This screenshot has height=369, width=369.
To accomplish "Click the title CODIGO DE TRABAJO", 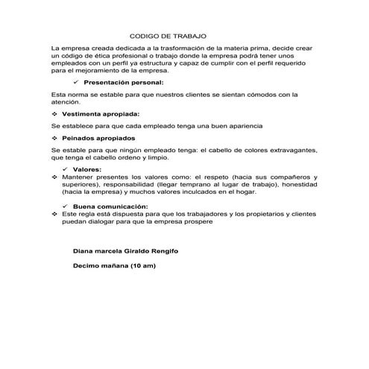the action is pos(168,35).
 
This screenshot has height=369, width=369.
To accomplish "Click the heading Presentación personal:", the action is pos(123,82).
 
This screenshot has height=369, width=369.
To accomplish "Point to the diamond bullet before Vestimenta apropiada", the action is pos(54,114).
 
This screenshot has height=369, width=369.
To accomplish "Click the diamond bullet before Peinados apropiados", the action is pos(54,139).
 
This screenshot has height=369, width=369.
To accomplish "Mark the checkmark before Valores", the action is pos(68,170).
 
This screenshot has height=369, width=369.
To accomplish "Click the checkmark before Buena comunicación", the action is pos(68,206).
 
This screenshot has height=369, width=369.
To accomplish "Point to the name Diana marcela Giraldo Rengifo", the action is pos(126,250).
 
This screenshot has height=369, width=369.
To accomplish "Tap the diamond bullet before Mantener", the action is pos(54,177).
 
